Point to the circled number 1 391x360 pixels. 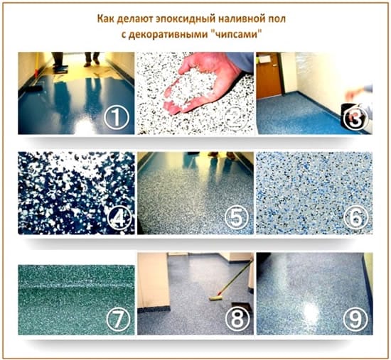(117, 118)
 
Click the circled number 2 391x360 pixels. (237, 119)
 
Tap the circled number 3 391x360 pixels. (355, 119)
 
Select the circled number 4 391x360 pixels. (119, 219)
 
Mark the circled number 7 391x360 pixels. (119, 319)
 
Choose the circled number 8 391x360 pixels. (237, 319)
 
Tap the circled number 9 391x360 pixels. (355, 319)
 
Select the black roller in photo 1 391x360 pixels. (33, 88)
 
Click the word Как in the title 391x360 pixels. (106, 19)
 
